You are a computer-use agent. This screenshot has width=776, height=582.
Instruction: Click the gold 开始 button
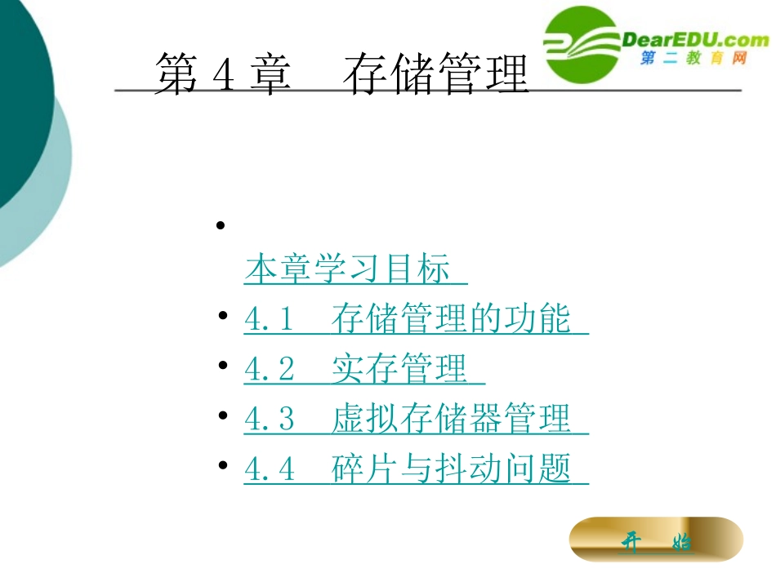(x=656, y=541)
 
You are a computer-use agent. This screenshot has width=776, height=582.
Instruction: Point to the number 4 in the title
(x=223, y=76)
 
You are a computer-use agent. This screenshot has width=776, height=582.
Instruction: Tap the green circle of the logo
(x=582, y=45)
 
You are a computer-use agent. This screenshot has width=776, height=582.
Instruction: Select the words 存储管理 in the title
(x=436, y=76)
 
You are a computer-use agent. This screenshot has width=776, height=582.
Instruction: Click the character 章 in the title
(x=270, y=76)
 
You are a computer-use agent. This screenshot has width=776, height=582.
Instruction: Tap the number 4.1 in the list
(x=269, y=320)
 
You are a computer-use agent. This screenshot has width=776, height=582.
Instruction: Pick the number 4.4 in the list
(x=269, y=469)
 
